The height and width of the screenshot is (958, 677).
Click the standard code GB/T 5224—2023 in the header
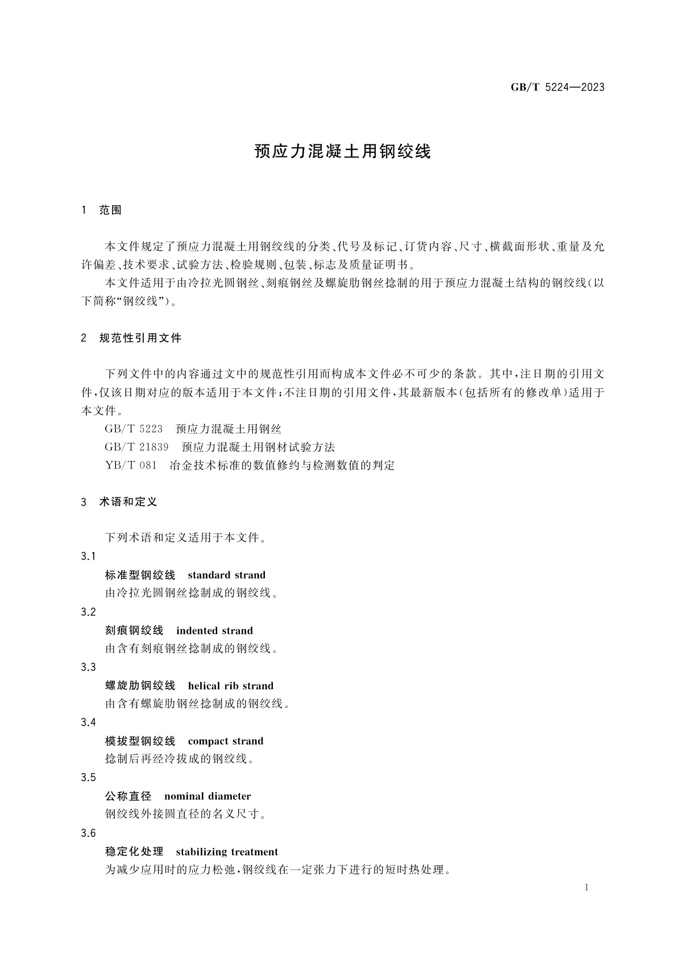pos(557,88)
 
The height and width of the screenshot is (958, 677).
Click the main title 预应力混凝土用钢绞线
pos(343,152)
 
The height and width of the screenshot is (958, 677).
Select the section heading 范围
pos(110,210)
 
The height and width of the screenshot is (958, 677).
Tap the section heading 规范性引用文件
pos(140,338)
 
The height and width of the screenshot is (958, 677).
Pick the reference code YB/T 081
pos(131,465)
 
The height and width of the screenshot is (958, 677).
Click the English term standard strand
pos(226,575)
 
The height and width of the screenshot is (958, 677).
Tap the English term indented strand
pos(214,631)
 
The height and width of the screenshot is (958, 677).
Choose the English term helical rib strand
pos(230,686)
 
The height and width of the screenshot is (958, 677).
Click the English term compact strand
pos(225,741)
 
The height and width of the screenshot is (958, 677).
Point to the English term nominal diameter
pos(207,796)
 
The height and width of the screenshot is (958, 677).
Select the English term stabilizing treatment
pos(227,852)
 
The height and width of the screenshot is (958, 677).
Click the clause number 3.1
pos(88,557)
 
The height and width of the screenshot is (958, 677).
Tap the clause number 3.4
pos(88,723)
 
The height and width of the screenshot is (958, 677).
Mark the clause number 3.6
pos(88,833)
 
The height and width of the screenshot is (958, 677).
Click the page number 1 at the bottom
pos(587,888)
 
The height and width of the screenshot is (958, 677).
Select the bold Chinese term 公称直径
pos(128,796)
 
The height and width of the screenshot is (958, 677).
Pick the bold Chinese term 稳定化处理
pos(134,852)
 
